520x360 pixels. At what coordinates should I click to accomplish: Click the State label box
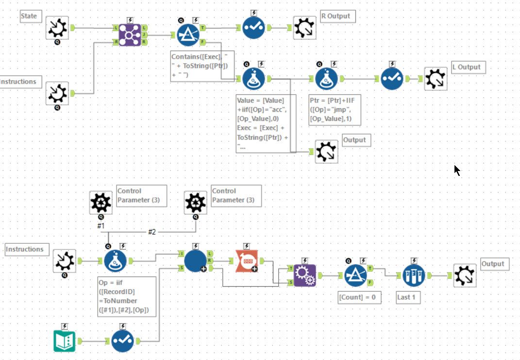[x=29, y=16]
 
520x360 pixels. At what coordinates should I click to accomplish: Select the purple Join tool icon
[x=130, y=34]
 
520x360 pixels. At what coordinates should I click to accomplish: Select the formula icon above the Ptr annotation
[x=326, y=78]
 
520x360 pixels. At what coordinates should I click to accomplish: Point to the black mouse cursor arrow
[x=457, y=170]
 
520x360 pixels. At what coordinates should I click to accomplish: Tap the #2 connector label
[x=152, y=232]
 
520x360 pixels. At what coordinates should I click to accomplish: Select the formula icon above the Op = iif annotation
[x=115, y=261]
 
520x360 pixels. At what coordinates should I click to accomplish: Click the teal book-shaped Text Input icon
[x=65, y=341]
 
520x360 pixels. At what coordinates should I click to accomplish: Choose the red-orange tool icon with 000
[x=246, y=261]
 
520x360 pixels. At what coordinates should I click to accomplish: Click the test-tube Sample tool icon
[x=414, y=275]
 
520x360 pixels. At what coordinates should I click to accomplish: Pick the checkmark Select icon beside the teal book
[x=122, y=341]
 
